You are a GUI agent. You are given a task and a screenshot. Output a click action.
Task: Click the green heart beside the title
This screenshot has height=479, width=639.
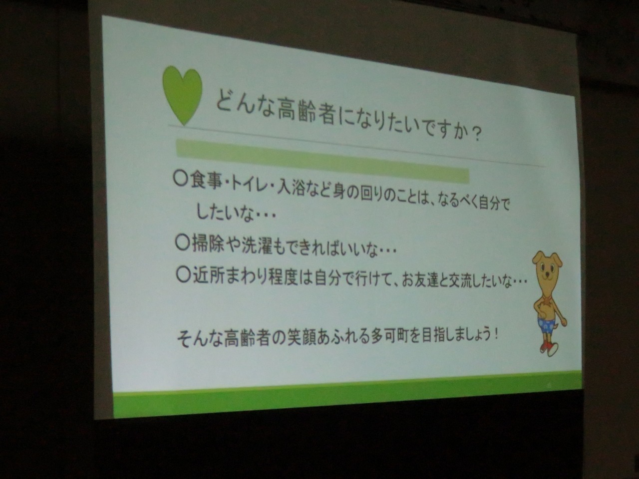[x=183, y=94]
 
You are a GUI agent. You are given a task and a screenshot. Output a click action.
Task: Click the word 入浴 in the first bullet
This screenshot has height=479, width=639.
[x=286, y=189]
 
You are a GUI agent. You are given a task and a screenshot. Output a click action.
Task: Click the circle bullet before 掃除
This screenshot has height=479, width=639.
[x=182, y=243]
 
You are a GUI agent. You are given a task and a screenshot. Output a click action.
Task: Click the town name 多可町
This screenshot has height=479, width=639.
[x=386, y=337]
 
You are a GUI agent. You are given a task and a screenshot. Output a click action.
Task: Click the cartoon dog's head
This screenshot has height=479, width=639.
[x=547, y=267]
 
